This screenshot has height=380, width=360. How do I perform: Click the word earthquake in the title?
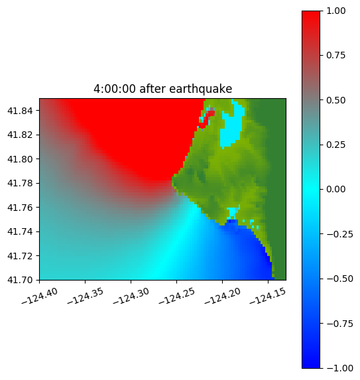coord(201,89)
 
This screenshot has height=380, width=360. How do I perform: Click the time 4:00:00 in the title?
coord(115,89)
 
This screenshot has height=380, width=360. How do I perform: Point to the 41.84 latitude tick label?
coord(20,111)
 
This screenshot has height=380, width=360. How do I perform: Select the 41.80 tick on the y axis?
coord(20,159)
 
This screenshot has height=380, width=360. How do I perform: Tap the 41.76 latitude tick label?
coord(20,208)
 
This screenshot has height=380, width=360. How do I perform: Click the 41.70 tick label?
coord(20,280)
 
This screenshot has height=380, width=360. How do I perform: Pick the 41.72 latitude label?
coord(20,256)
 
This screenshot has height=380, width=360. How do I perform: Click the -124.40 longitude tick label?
coord(40,296)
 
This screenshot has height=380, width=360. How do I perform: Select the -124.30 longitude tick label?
coord(131,296)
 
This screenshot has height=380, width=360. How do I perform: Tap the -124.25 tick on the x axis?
coord(176,296)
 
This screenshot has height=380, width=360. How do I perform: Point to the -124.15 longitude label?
coord(268,296)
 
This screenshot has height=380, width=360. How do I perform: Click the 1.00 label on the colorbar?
coord(335,11)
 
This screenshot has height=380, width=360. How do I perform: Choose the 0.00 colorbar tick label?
coord(335,189)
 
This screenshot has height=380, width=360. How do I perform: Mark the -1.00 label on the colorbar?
coord(339,368)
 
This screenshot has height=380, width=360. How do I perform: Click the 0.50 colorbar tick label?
coord(335,100)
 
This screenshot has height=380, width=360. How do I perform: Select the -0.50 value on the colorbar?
coord(339,279)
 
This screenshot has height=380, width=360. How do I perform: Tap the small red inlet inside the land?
coord(208,118)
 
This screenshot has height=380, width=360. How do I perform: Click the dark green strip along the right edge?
coord(277,189)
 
